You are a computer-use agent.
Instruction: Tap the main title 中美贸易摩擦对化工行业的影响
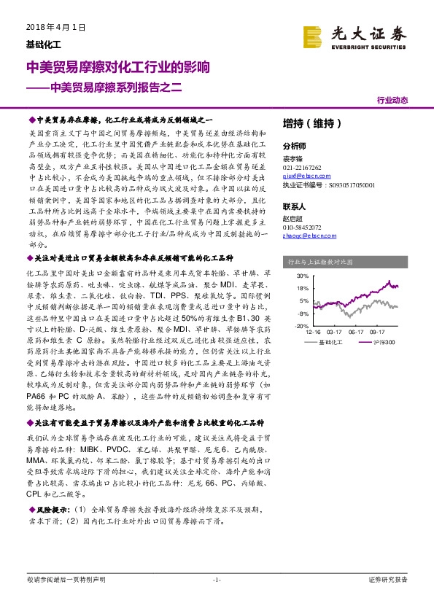118,68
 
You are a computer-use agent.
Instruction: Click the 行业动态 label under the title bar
392,101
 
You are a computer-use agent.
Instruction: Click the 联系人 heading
294,206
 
